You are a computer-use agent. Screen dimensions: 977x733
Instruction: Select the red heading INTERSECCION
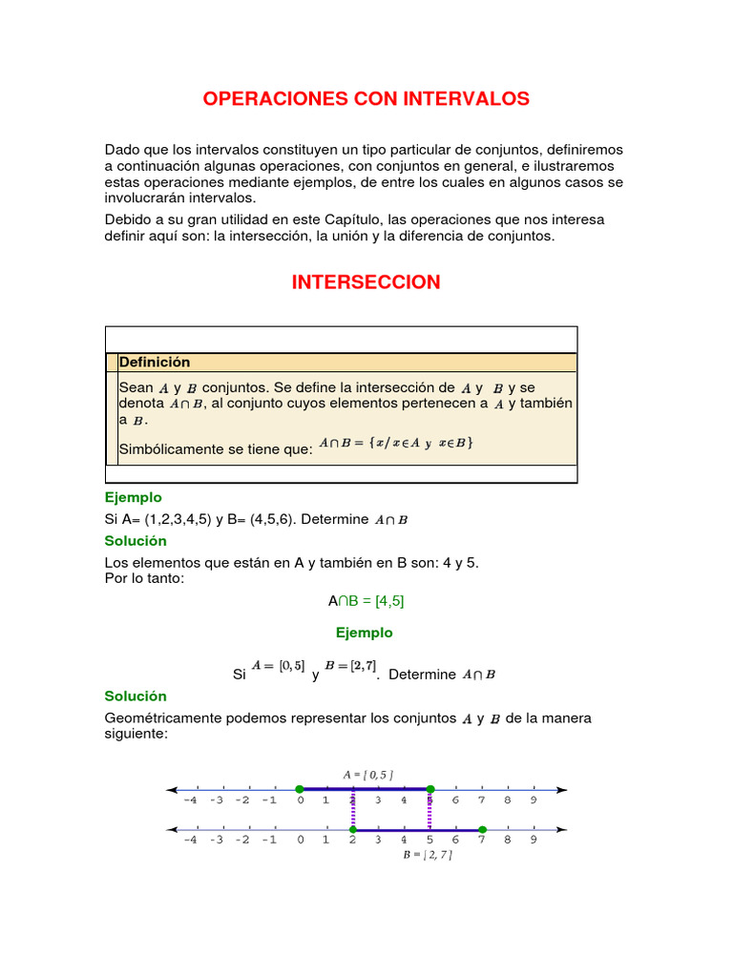tap(366, 282)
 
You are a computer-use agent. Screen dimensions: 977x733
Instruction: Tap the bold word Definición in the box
tap(155, 363)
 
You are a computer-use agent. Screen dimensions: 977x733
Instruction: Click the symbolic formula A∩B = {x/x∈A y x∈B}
tap(396, 443)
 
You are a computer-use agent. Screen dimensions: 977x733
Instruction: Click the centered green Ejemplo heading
tap(364, 633)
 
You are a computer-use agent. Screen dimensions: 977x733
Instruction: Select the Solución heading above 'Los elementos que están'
tap(135, 541)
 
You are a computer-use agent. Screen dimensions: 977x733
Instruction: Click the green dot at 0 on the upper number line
tap(300, 789)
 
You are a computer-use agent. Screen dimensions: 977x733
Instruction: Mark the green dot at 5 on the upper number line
tap(430, 789)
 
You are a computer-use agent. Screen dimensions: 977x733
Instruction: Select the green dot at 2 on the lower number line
tap(352, 830)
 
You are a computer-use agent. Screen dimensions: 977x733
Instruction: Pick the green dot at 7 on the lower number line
tap(482, 830)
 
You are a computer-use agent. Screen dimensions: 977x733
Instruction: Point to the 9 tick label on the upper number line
tap(534, 800)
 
